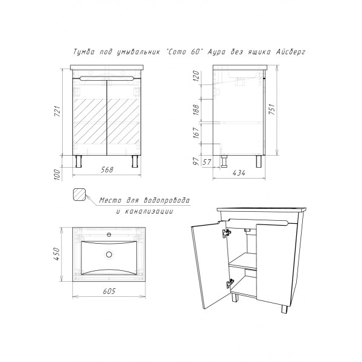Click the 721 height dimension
57,112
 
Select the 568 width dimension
107,170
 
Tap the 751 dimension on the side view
272,109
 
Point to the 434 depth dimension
239,173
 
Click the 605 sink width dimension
109,291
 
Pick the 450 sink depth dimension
57,254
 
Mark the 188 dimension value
195,110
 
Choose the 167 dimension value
195,133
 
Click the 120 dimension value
195,76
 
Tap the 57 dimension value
207,162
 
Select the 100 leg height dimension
57,175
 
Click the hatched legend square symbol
80,194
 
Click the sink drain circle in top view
109,255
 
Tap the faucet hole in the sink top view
109,235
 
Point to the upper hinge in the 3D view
226,233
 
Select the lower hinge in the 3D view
230,284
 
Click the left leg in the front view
78,161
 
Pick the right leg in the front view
135,161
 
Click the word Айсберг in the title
291,52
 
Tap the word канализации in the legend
148,212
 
